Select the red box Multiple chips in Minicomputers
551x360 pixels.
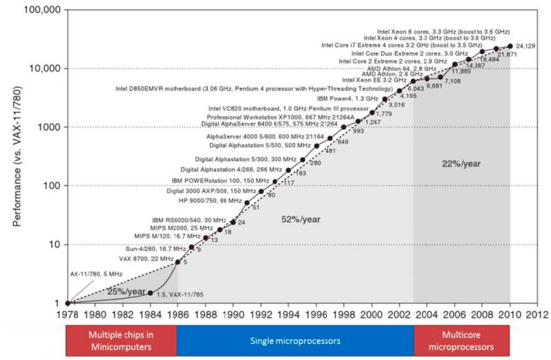(122, 340)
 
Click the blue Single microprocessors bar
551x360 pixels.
(295, 340)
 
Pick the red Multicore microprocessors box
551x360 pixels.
(462, 340)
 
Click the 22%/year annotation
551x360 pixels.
(461, 163)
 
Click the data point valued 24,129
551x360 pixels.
(510, 46)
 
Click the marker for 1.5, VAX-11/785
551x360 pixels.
(150, 293)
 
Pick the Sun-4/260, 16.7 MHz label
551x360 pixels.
(146, 247)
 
